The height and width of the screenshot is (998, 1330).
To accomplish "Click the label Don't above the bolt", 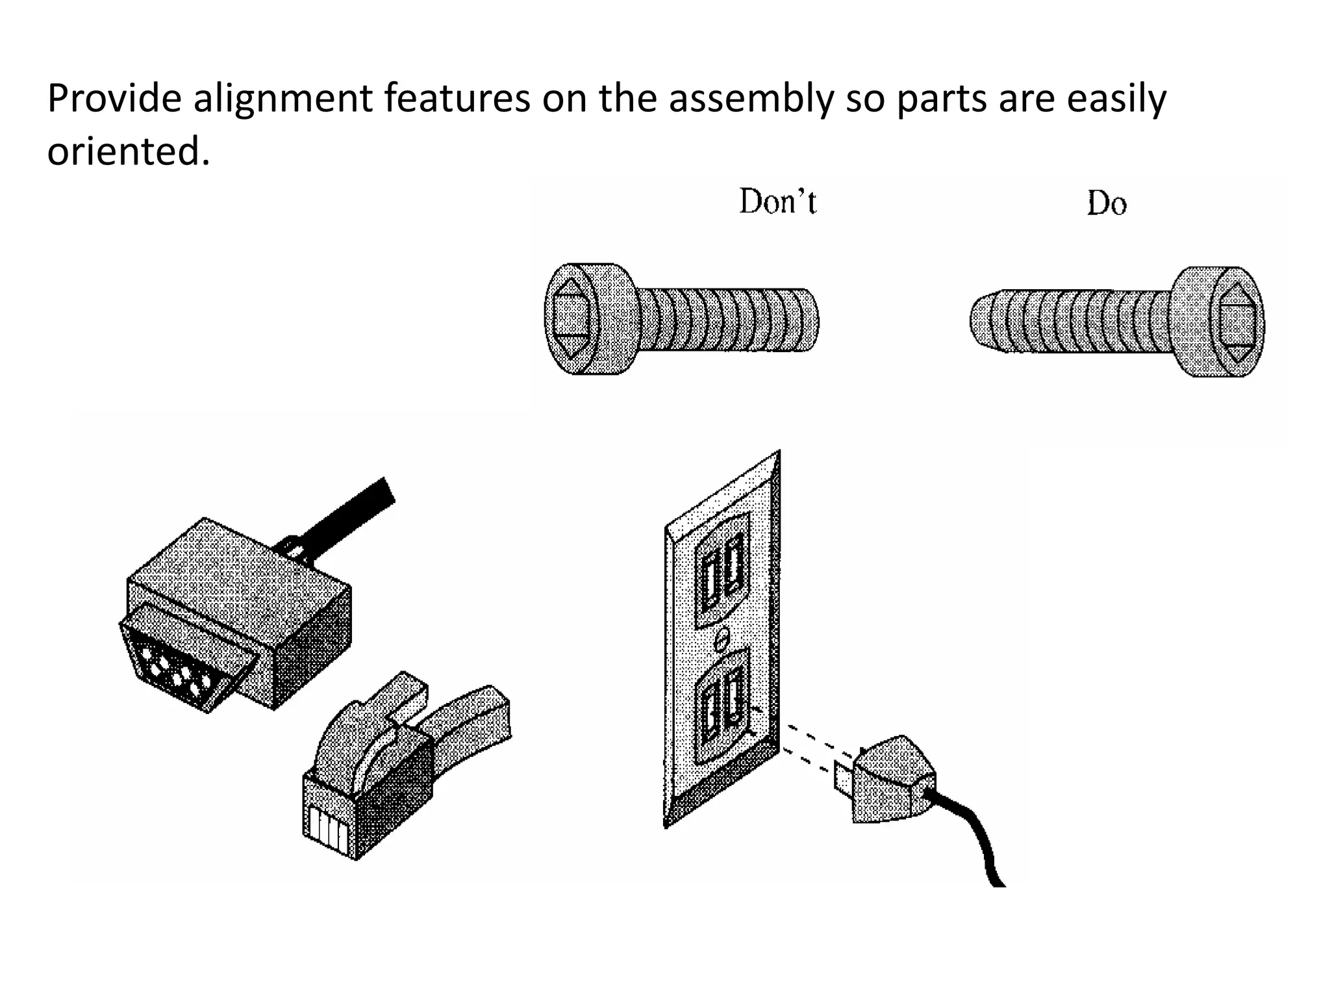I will click(777, 201).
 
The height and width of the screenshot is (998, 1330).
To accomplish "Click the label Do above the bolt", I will click(1107, 204).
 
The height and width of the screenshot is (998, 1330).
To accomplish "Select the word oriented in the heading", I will click(129, 151).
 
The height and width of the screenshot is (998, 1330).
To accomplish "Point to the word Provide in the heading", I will click(114, 99).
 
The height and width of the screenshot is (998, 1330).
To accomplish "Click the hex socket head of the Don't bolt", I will click(571, 319).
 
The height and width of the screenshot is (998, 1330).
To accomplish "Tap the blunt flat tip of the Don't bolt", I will click(812, 321).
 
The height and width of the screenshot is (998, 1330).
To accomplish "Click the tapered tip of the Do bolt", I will click(981, 320).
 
